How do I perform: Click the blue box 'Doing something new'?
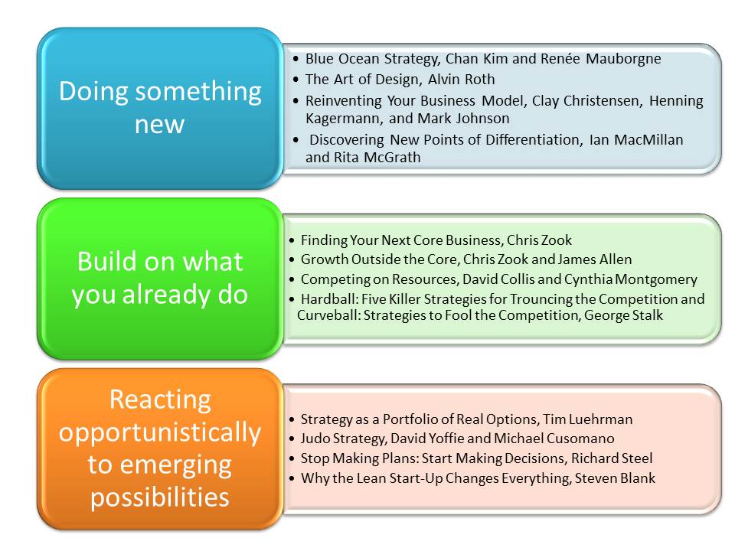(x=160, y=108)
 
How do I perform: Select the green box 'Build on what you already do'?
(x=160, y=279)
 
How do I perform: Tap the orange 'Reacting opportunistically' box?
(x=160, y=449)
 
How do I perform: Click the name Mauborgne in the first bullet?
(x=623, y=59)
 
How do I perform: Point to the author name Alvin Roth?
(x=461, y=79)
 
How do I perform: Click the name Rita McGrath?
(x=377, y=158)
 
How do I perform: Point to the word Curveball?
(x=329, y=315)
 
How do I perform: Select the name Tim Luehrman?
(x=588, y=419)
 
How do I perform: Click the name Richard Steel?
(x=612, y=458)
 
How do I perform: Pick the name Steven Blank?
(x=615, y=478)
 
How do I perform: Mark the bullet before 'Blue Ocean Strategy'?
(x=296, y=59)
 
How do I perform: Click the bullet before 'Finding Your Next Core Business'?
(x=292, y=240)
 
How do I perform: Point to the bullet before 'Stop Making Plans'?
(x=292, y=458)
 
